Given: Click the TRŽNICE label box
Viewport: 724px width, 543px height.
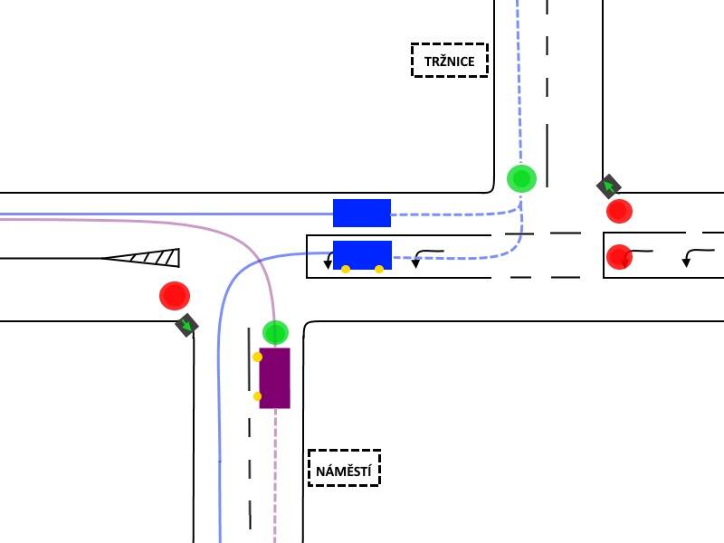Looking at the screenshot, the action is tap(449, 60).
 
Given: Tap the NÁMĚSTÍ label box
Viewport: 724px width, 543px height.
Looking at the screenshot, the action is tap(344, 468).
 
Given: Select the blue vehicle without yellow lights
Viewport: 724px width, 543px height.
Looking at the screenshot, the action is tap(362, 213).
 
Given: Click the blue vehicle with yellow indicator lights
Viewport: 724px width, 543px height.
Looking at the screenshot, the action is tap(363, 255).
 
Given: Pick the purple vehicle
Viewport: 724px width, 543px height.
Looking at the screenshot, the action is tap(275, 378).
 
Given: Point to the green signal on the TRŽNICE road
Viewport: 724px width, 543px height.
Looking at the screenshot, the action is tap(522, 178).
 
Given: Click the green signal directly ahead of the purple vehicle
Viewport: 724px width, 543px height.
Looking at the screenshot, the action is tap(276, 332).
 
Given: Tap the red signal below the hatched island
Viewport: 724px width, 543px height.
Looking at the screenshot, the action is tap(175, 296).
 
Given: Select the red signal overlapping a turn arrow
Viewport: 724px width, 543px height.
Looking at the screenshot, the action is tap(619, 257).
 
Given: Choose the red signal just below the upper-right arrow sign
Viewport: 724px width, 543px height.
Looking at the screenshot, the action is tap(619, 211).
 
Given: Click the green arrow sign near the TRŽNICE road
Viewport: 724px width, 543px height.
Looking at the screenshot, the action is tap(609, 186).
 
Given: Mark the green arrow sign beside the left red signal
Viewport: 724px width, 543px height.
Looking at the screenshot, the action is tap(187, 325).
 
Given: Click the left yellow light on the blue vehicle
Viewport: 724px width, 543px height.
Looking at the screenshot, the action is tap(346, 269).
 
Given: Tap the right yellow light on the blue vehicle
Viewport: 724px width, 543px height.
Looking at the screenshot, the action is tap(379, 269).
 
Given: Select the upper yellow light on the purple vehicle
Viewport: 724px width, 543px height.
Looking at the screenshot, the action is tap(258, 357).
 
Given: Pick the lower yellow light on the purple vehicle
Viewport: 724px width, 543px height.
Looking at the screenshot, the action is tap(257, 396).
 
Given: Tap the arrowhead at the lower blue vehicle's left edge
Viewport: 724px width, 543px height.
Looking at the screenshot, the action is tap(328, 264).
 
